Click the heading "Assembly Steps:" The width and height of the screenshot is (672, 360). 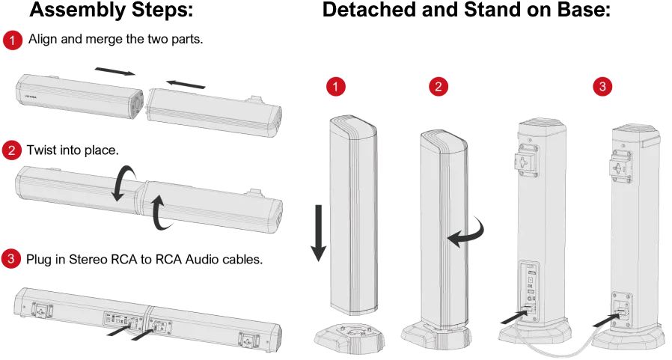pos(112,10)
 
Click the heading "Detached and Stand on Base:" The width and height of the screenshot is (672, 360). pos(466,10)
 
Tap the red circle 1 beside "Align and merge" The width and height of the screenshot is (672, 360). pos(13,40)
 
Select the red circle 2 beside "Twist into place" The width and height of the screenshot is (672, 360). pos(11,150)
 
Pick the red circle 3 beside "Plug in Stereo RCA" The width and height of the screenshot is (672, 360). pos(10,259)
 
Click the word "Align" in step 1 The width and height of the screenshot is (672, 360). pos(43,40)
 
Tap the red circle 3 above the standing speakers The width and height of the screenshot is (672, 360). pos(602,87)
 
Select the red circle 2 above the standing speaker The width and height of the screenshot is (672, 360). pos(438,87)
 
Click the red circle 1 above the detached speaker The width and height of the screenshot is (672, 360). pos(335,87)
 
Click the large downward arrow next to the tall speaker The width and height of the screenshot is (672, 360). pos(319,234)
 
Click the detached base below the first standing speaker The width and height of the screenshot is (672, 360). pos(349,337)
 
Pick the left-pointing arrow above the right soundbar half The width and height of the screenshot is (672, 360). pos(185,85)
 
